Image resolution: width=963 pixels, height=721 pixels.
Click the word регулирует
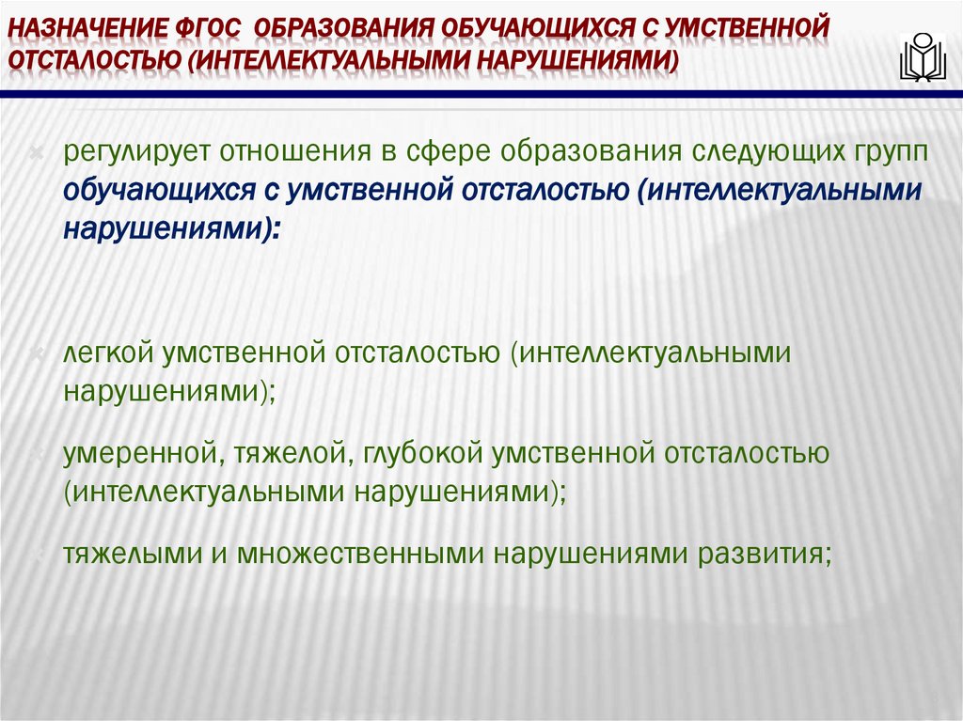tap(130, 153)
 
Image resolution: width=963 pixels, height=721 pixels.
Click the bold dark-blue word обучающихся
tap(155, 191)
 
